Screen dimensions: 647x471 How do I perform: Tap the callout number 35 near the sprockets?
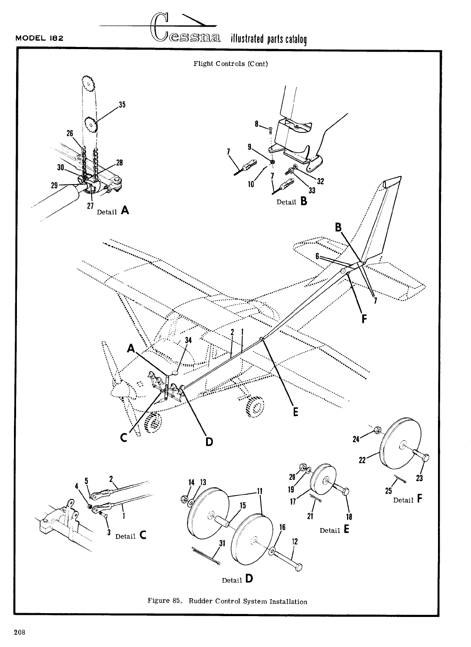coord(122,105)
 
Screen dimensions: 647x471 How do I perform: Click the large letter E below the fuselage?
coord(295,411)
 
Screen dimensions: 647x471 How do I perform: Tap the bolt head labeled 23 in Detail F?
coord(424,457)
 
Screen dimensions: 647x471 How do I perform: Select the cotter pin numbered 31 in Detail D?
coord(206,557)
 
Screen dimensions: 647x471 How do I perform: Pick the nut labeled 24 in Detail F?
coord(378,431)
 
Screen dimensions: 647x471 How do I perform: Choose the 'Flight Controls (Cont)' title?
coord(231,64)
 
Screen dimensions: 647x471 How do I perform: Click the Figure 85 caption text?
coord(227,601)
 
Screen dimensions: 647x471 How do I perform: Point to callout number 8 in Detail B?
coord(256,124)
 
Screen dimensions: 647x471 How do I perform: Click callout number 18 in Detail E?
coord(349,516)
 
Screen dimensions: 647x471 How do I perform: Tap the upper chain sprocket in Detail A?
coord(88,84)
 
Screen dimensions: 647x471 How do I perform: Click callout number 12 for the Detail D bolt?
coord(295,541)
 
